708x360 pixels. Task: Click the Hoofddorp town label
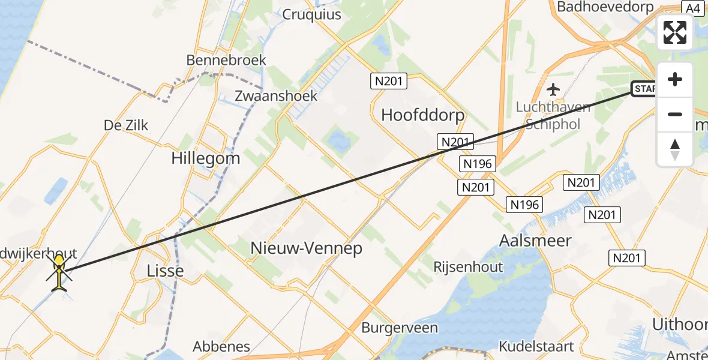click(x=423, y=115)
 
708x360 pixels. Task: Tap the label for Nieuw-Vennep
click(x=306, y=248)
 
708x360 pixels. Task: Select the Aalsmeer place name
click(x=535, y=241)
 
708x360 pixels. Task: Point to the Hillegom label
click(x=206, y=158)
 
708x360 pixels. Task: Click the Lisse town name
click(x=165, y=271)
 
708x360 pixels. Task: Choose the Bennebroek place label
click(x=226, y=61)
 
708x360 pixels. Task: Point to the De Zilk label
click(x=126, y=125)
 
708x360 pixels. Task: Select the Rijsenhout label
click(x=468, y=267)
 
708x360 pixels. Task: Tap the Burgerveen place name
click(x=400, y=328)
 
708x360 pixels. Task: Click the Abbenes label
click(x=221, y=346)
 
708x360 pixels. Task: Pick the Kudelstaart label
click(x=536, y=346)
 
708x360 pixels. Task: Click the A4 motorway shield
click(x=692, y=8)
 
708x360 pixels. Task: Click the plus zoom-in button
click(x=675, y=80)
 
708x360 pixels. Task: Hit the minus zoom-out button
click(x=675, y=114)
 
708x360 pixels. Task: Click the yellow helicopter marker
click(x=59, y=274)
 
